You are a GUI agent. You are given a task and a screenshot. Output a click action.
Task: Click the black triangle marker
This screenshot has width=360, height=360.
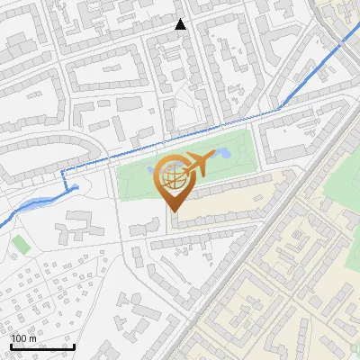[181, 24]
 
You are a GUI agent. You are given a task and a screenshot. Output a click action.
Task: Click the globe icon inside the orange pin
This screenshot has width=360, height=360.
[172, 177]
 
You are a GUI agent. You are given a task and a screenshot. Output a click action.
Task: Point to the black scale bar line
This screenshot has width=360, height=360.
[42, 347]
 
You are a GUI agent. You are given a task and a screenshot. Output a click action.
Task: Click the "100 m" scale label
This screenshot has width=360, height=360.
[23, 339]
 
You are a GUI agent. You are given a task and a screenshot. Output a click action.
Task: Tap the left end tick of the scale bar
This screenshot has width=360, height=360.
[12, 346]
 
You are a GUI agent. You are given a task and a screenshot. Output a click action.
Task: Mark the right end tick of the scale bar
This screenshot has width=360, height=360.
[73, 346]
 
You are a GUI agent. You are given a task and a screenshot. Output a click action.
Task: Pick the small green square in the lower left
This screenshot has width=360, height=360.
[19, 243]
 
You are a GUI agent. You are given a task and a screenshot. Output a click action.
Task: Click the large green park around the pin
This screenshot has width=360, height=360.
[135, 180]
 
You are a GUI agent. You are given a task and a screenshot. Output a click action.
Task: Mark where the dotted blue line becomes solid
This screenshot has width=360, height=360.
[279, 107]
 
